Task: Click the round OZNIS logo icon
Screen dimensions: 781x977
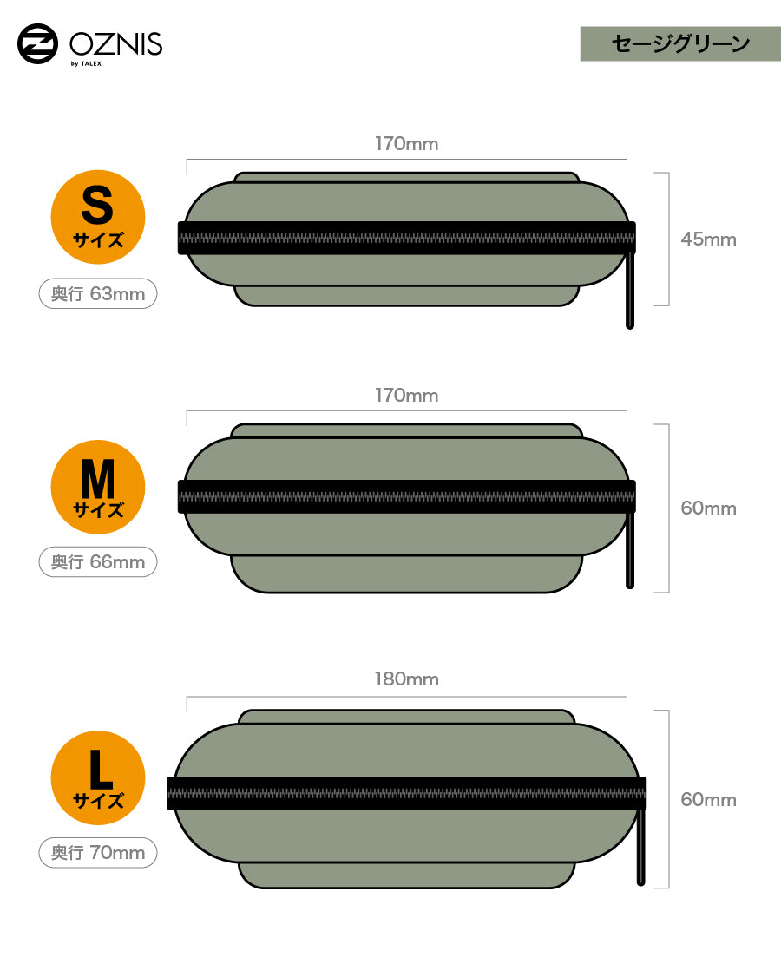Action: point(37,43)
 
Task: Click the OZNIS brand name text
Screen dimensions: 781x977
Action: point(116,44)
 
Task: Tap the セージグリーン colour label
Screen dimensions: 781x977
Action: point(680,43)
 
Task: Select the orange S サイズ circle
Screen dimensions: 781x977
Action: point(98,217)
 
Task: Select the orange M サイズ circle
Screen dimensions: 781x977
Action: point(98,487)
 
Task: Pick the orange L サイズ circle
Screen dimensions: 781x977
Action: point(98,777)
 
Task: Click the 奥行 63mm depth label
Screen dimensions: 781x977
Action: point(98,293)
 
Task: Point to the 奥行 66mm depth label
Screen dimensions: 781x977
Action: point(98,562)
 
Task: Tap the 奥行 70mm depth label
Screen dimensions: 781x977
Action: point(98,852)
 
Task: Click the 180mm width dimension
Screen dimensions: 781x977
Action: point(406,679)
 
